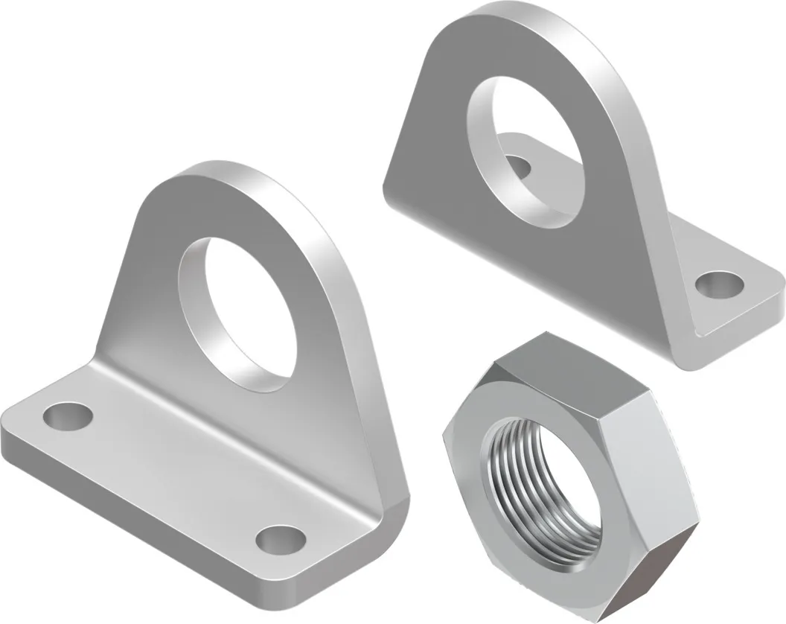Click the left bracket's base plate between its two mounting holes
point(171,477)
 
